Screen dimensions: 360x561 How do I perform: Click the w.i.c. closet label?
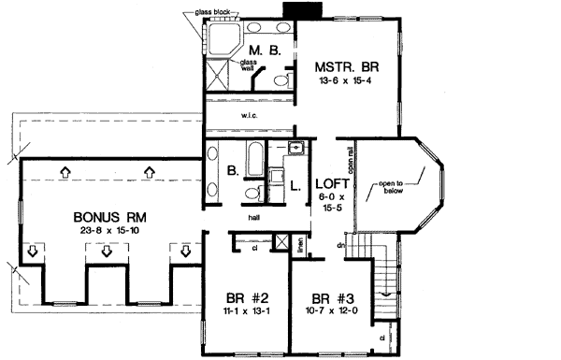click(x=250, y=117)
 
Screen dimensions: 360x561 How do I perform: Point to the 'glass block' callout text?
click(x=214, y=11)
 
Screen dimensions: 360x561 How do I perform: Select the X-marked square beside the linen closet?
click(x=277, y=176)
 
